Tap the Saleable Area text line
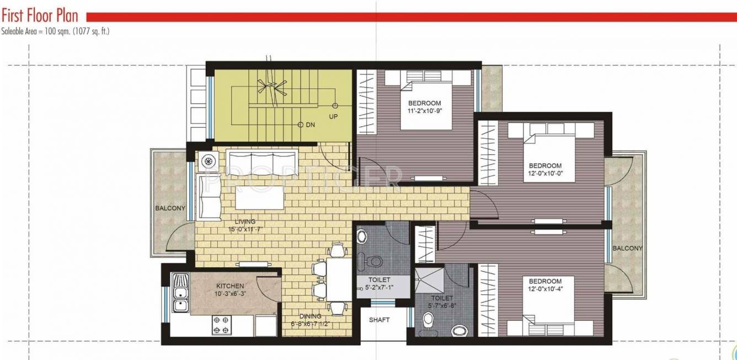click(x=55, y=31)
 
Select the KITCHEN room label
click(x=229, y=286)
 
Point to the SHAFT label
click(x=379, y=320)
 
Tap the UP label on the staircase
click(x=333, y=117)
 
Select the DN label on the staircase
click(x=310, y=125)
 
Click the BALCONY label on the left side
click(x=170, y=208)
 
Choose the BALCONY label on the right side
click(x=627, y=249)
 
